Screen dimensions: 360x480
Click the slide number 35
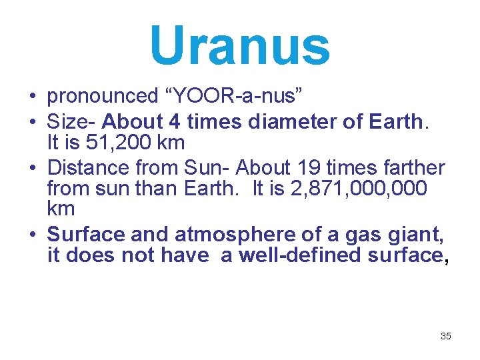point(446,336)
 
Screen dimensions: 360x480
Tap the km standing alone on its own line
point(61,209)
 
